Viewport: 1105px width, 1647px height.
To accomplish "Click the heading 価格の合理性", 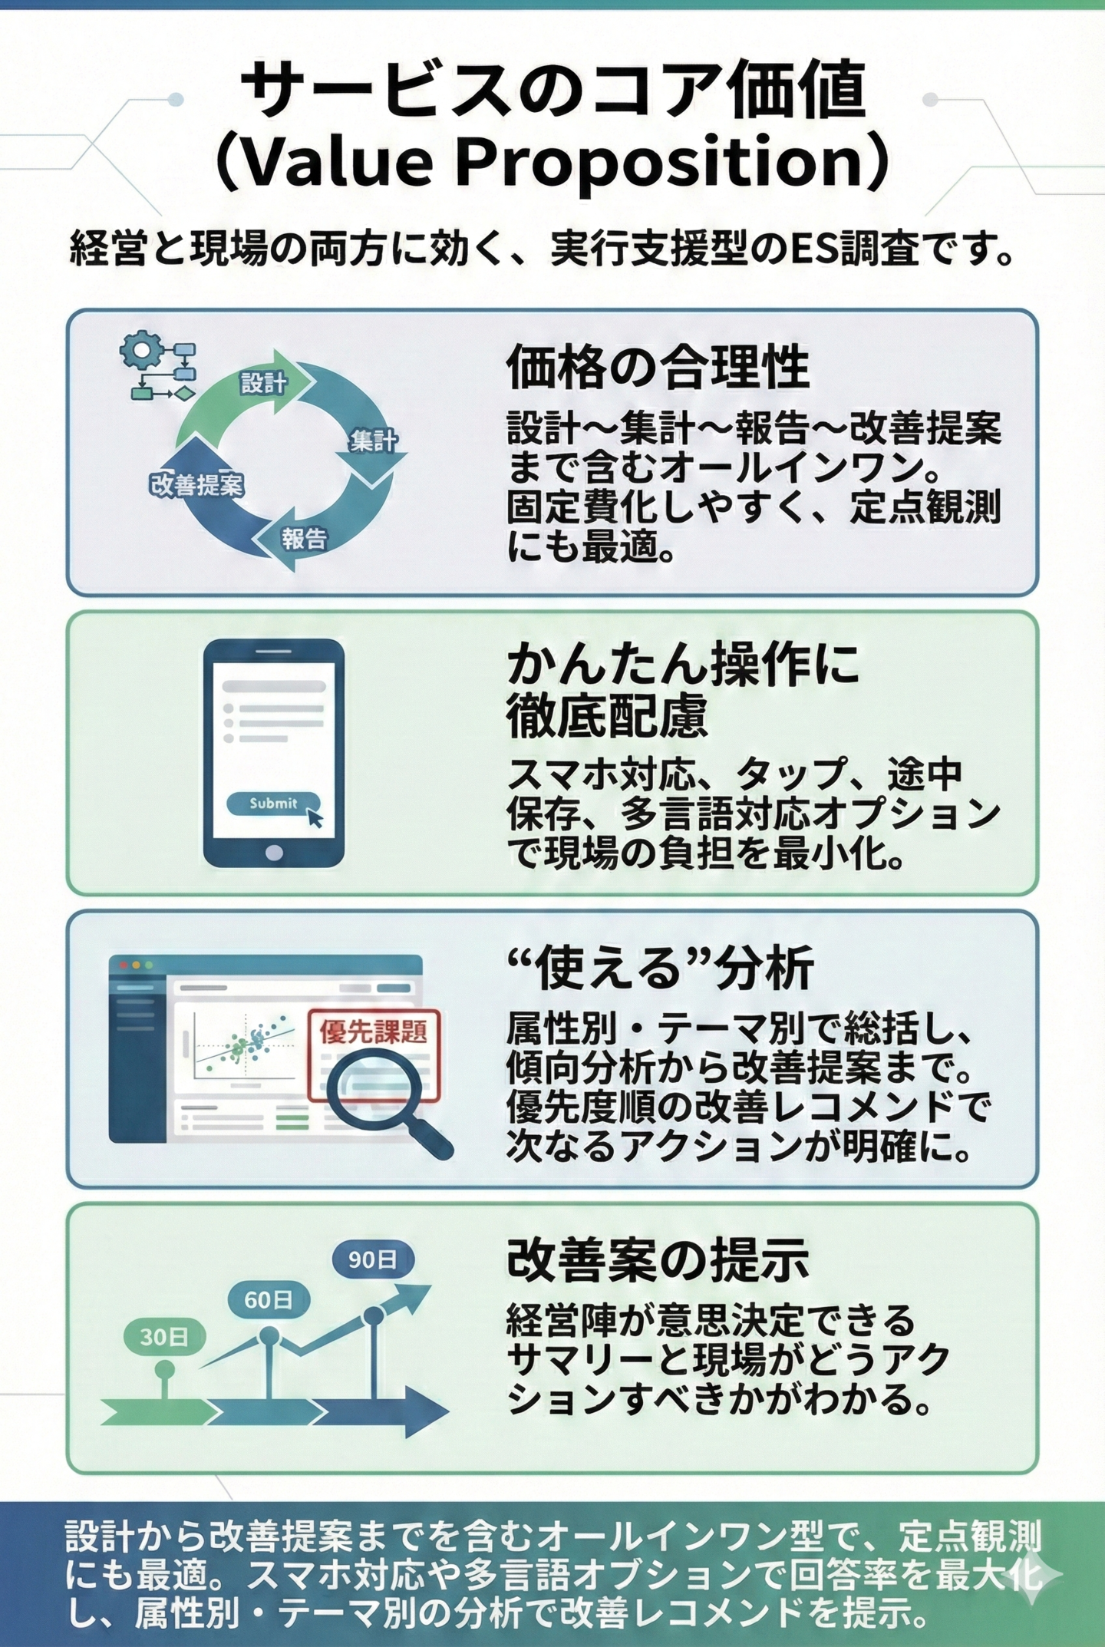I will pos(658,368).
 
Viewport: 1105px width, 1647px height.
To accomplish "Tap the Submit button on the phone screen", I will pos(273,803).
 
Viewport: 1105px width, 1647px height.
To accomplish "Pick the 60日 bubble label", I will pos(268,1299).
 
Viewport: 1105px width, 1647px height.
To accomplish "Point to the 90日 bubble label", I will pos(372,1259).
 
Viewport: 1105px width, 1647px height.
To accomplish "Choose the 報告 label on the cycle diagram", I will pos(304,538).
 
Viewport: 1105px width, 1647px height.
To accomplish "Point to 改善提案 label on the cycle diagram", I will pos(197,484).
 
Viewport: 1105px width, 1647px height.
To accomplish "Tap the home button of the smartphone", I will pos(273,852).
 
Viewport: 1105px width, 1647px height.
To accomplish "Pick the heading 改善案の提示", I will pos(658,1259).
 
